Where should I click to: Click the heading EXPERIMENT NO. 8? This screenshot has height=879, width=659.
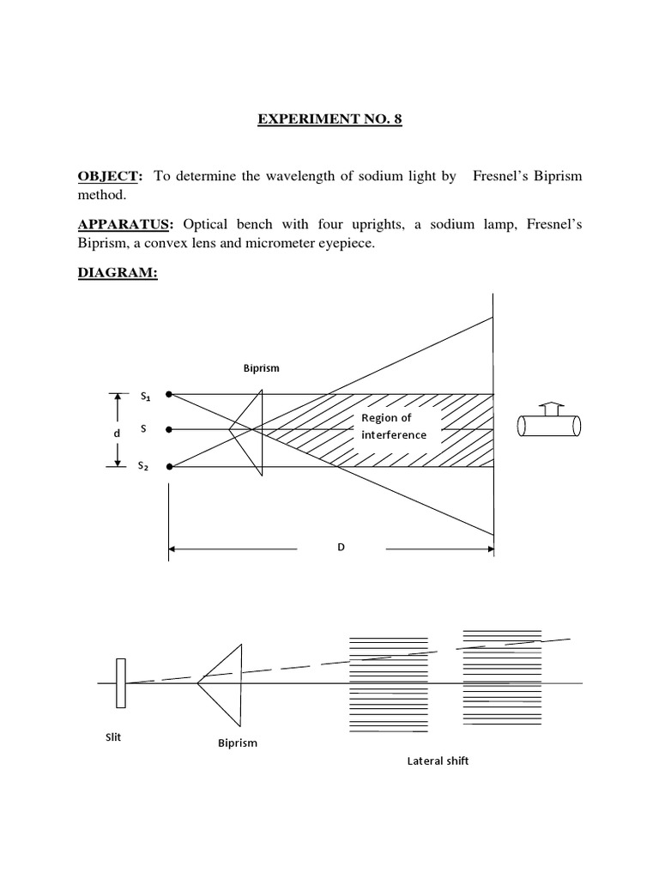329,120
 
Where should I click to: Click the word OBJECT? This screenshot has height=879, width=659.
108,176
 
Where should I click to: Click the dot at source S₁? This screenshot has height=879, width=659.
170,395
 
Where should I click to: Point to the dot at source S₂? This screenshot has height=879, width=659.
170,467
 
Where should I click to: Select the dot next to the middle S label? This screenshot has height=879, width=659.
170,429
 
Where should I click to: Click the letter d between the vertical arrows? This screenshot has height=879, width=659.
118,433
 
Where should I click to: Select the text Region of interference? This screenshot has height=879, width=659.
394,426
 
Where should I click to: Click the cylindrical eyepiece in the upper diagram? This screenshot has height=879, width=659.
549,427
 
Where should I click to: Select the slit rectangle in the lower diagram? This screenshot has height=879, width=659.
122,683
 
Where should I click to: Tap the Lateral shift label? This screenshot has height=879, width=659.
438,761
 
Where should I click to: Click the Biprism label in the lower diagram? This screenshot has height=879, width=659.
238,743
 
